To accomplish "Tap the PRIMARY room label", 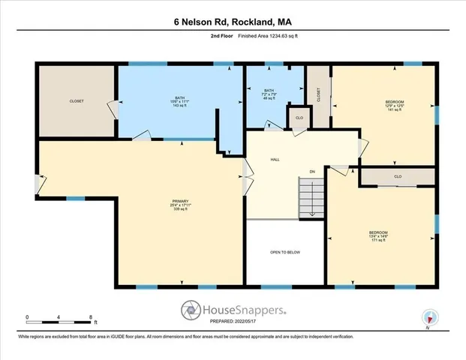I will tap(179, 205).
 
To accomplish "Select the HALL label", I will tap(275, 159).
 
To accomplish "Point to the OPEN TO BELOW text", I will tap(284, 252).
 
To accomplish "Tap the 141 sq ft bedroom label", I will tap(395, 106).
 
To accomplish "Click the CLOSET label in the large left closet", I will tap(77, 100).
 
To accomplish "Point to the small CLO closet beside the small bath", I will tap(298, 118).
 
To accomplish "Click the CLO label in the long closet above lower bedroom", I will tap(398, 177).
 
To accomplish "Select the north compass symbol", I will tap(429, 317).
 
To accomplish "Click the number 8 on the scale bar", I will tap(91, 316).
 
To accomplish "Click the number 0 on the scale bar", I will tap(27, 316).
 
